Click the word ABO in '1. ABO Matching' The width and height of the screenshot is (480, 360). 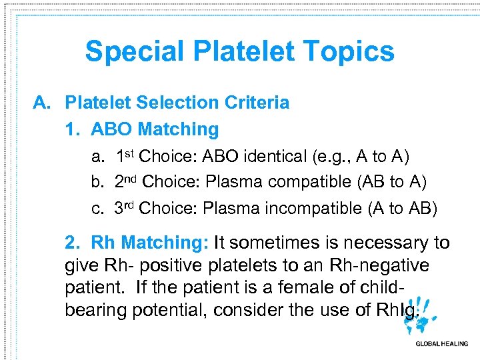(x=111, y=129)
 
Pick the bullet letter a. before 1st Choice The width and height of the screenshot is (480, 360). (x=98, y=157)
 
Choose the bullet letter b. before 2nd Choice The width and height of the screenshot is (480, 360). (x=98, y=182)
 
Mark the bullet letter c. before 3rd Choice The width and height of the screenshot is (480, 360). (x=98, y=209)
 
